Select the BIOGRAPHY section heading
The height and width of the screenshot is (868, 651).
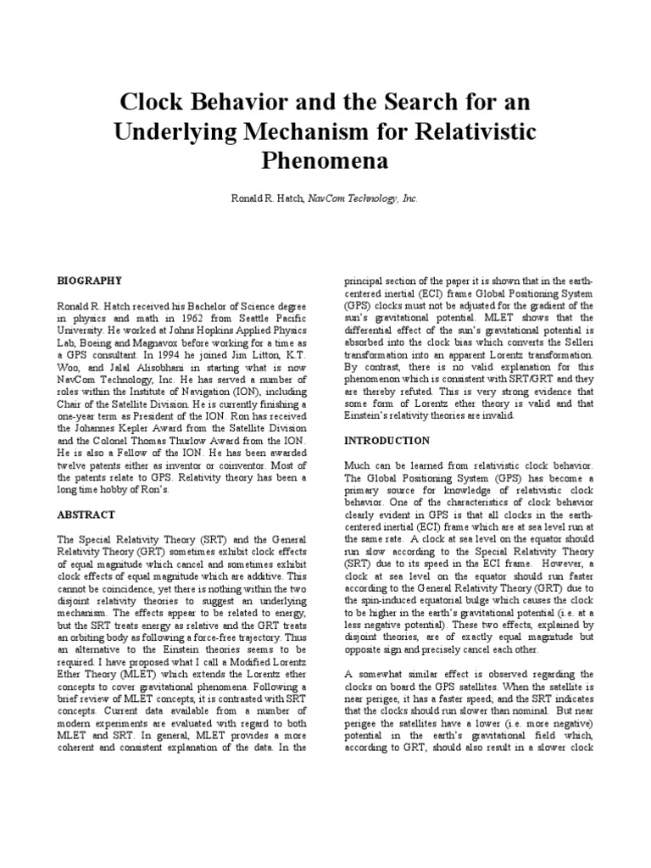90,280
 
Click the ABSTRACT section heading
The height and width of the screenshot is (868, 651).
86,514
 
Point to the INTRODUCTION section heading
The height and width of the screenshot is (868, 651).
387,441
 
